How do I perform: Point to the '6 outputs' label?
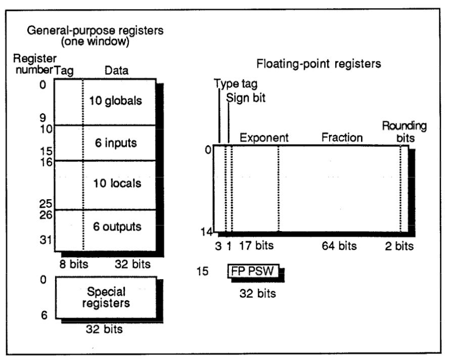pos(117,227)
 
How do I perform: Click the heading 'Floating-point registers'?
pos(319,64)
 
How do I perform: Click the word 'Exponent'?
pos(264,138)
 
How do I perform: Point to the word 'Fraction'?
pos(343,138)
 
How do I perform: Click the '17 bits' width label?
pos(256,246)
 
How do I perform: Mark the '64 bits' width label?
pos(339,246)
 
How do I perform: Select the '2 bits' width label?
pos(399,246)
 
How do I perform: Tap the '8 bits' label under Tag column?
pos(73,264)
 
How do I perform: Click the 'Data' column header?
pos(116,71)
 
